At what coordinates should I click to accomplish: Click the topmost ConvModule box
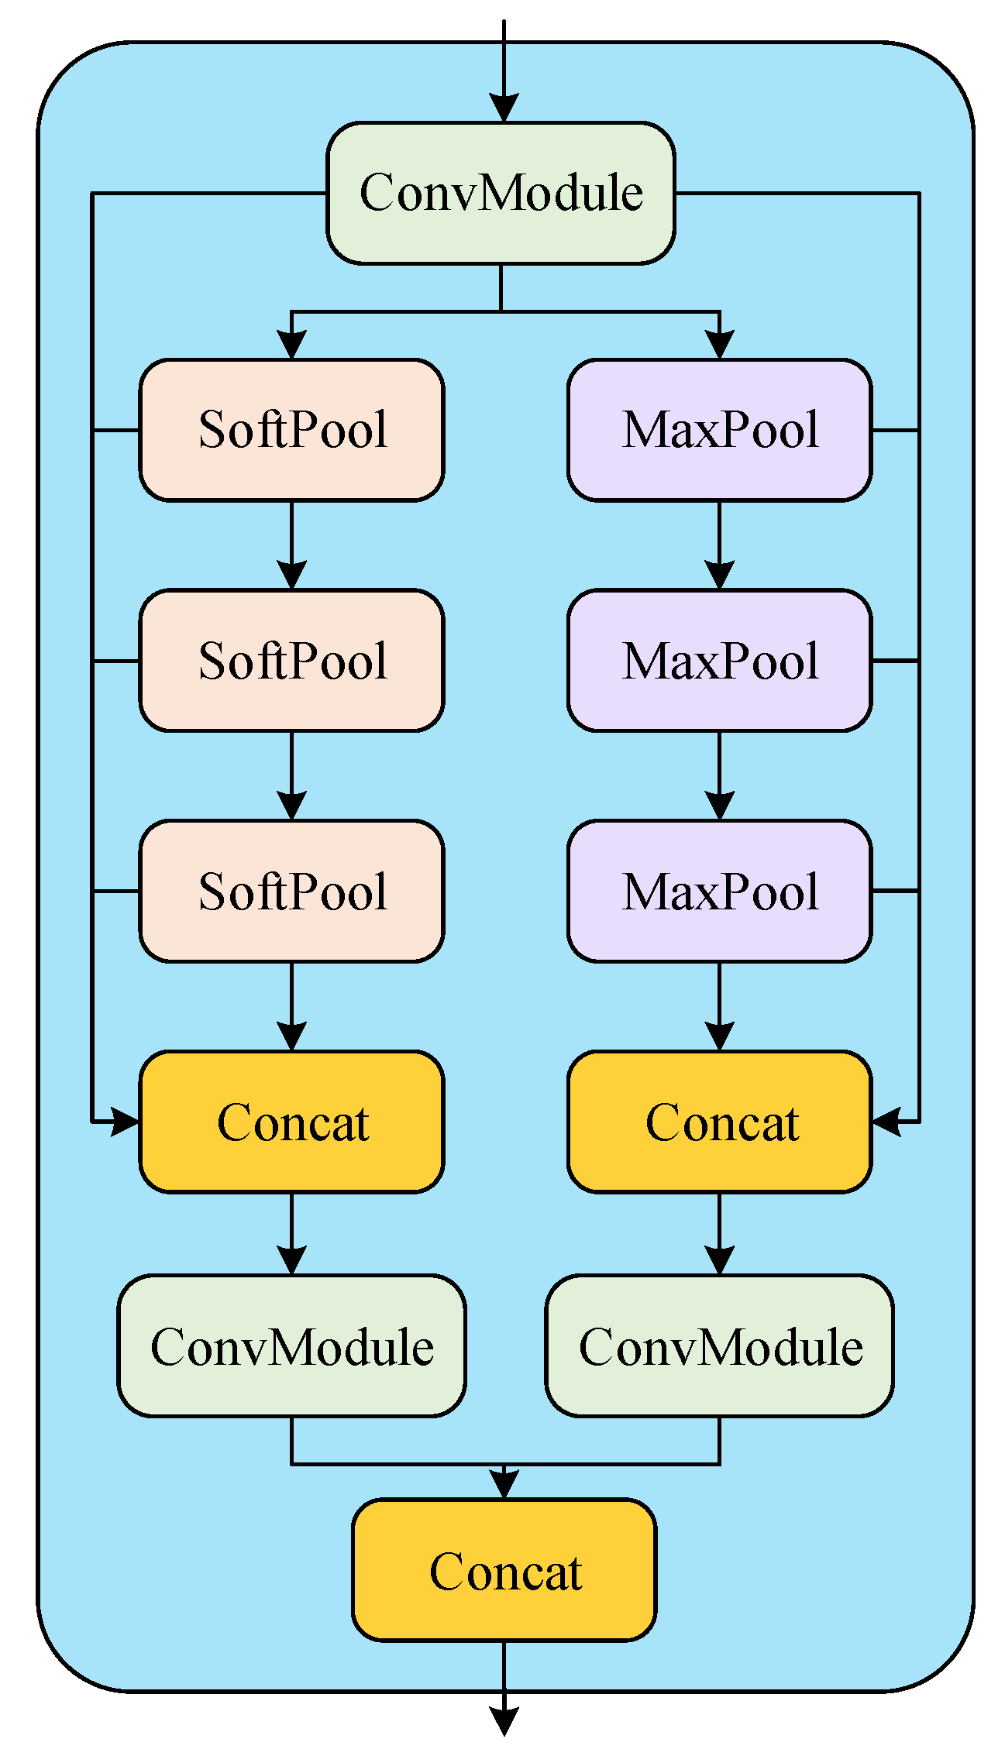tap(501, 193)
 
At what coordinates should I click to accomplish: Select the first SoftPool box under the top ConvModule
tap(291, 430)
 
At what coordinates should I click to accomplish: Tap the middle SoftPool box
tap(291, 661)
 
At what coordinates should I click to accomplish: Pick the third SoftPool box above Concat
tap(291, 892)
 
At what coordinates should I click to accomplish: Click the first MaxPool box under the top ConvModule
tap(719, 430)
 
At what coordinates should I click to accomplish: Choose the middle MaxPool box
tap(719, 661)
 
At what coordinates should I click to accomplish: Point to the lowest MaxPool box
tap(719, 892)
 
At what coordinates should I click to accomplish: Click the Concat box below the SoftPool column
tap(291, 1122)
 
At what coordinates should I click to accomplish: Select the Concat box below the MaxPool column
tap(719, 1122)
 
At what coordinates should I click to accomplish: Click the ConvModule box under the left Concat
tap(291, 1346)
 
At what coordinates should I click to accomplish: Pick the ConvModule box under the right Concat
tap(719, 1346)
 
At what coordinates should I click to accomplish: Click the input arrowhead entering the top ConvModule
tap(504, 108)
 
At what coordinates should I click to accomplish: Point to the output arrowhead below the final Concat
tap(504, 1721)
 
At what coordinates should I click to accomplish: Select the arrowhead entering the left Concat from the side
tap(125, 1121)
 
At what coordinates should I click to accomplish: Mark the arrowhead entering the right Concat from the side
tap(886, 1121)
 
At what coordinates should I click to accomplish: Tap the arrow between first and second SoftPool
tap(291, 546)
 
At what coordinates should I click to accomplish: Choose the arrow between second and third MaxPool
tap(719, 776)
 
